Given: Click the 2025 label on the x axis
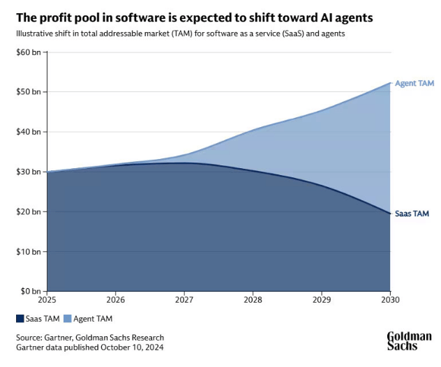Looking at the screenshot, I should pyautogui.click(x=47, y=301).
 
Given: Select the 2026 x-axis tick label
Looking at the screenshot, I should pyautogui.click(x=116, y=301).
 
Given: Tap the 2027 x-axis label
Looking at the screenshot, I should pyautogui.click(x=184, y=301).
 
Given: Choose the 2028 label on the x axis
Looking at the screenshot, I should pyautogui.click(x=253, y=301).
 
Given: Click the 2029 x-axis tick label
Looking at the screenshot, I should pyautogui.click(x=322, y=301).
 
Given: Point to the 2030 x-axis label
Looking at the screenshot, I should pyautogui.click(x=389, y=301).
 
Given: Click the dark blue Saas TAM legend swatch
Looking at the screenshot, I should pyautogui.click(x=20, y=319).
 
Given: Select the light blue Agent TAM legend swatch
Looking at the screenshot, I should pyautogui.click(x=67, y=319).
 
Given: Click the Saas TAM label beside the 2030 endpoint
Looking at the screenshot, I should pyautogui.click(x=412, y=214).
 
